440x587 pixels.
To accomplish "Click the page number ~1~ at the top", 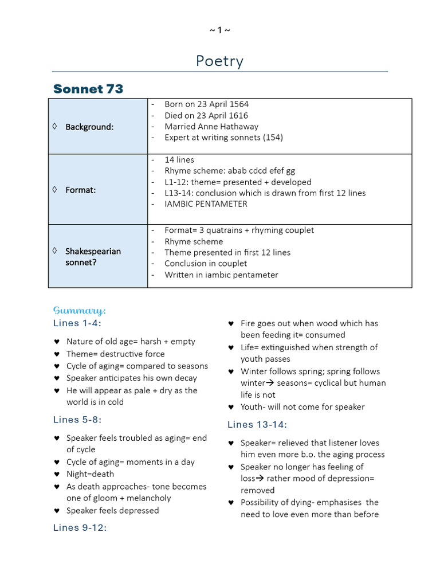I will click(x=219, y=30).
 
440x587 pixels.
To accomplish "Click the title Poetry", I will click(x=219, y=61).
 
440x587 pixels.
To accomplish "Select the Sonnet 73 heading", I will click(x=88, y=89).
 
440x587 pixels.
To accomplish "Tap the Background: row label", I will click(x=89, y=127).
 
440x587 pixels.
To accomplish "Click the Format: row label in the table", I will click(x=80, y=190).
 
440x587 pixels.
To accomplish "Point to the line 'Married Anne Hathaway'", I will click(x=211, y=126).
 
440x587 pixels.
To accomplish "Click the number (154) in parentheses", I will click(x=273, y=138).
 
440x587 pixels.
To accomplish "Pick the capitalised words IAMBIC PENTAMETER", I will click(x=206, y=204).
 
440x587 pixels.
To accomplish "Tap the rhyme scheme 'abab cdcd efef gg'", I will click(x=261, y=171).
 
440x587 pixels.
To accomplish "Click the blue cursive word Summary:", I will click(x=80, y=311).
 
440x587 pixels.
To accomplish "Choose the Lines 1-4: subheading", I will click(x=77, y=323).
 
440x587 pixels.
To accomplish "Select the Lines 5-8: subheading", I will click(x=77, y=420).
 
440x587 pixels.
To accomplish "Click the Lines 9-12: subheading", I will click(x=80, y=527).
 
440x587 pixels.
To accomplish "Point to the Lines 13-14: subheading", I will click(x=257, y=425).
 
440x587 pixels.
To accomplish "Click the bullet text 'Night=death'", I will click(x=90, y=474).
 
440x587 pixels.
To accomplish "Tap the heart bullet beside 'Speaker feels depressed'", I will click(x=57, y=511).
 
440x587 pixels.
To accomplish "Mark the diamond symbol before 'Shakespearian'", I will click(x=54, y=251).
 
